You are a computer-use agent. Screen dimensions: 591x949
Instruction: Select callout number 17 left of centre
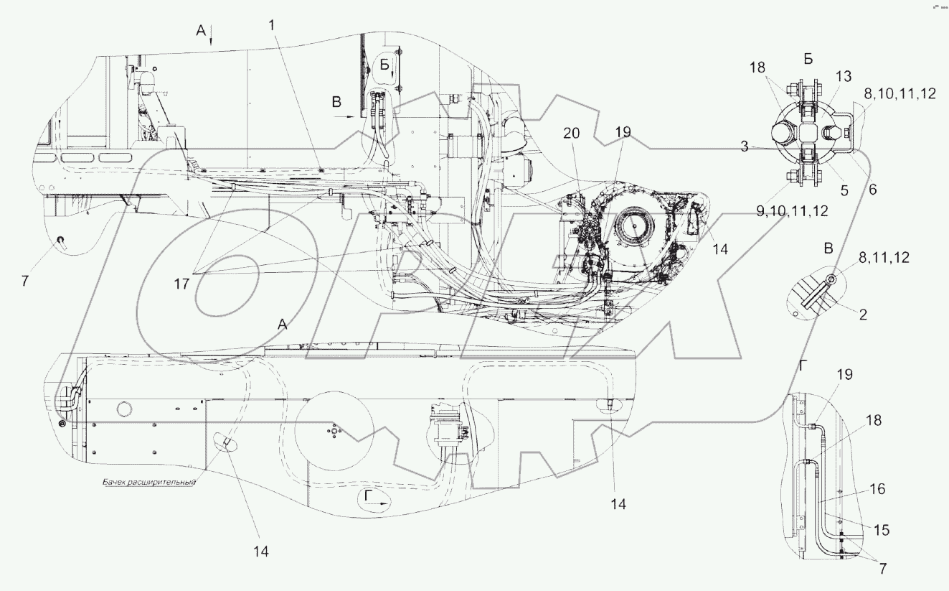181,284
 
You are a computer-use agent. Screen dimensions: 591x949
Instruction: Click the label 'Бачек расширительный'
148,483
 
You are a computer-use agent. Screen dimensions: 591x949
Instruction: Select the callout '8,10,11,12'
900,93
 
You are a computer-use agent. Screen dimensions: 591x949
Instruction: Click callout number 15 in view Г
881,530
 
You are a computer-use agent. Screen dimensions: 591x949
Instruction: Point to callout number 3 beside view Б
745,146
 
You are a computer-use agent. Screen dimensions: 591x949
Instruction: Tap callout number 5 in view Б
844,191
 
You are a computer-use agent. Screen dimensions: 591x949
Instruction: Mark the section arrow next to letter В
344,114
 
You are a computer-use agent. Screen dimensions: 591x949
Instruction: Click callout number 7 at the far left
25,280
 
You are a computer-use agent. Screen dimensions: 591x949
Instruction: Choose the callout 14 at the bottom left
260,552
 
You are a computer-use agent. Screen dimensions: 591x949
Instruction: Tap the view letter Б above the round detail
808,59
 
